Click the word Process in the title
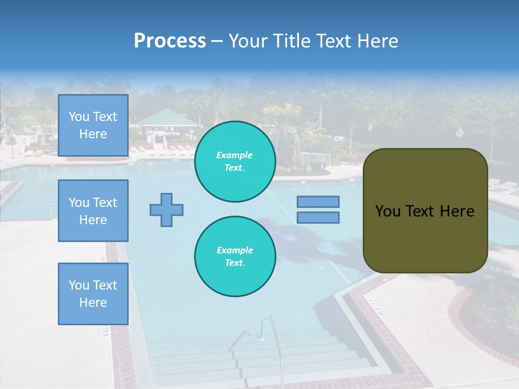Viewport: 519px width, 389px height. point(170,41)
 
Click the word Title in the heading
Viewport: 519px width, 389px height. point(288,41)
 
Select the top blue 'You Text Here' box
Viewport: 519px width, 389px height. point(93,125)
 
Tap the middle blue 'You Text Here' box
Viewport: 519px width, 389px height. point(93,211)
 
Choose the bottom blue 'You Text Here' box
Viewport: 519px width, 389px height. point(93,294)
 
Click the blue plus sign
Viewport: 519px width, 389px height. point(167,210)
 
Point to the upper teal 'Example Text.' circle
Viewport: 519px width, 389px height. point(235,162)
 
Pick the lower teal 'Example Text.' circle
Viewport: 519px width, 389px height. point(235,257)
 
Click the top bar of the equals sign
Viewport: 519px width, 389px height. point(318,202)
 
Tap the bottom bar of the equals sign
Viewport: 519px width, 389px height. point(318,218)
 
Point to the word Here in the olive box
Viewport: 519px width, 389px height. point(457,211)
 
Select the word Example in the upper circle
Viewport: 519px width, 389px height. point(235,155)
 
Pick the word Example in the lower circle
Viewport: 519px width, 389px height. point(235,250)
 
